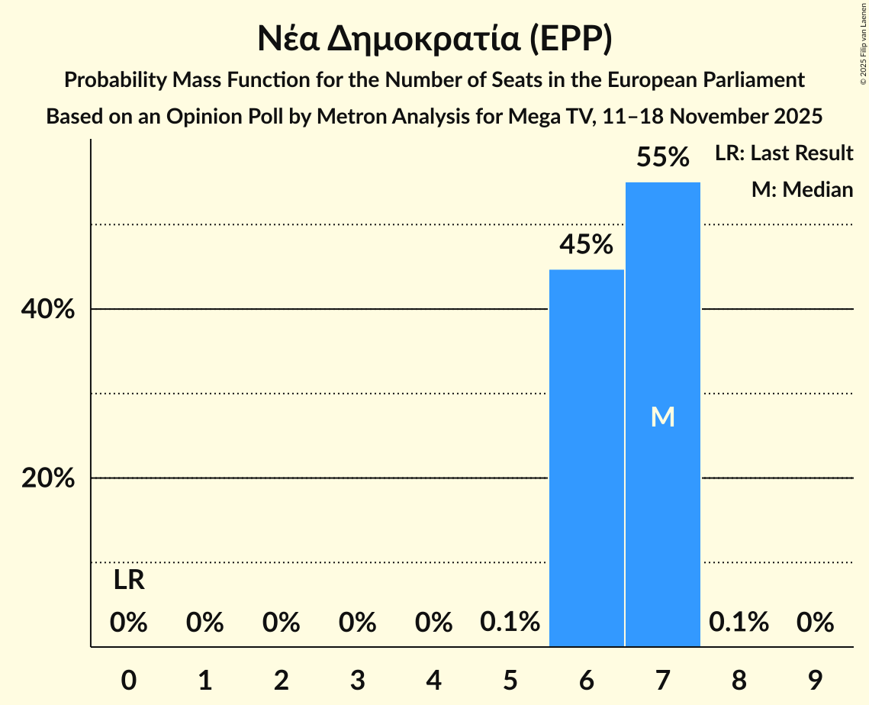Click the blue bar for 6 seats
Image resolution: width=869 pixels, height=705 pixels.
[x=586, y=458]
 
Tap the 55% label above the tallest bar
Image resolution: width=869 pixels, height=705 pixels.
[x=662, y=158]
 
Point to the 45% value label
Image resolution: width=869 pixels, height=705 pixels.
[x=586, y=245]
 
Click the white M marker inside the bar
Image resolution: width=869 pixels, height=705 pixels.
[x=662, y=417]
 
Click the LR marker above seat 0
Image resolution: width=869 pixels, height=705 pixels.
[x=129, y=581]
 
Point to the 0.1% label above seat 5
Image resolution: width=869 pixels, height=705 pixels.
[x=510, y=623]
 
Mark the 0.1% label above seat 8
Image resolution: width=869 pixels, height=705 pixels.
[x=739, y=623]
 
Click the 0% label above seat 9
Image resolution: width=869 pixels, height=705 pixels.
[x=815, y=623]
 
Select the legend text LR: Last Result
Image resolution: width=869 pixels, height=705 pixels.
[x=784, y=153]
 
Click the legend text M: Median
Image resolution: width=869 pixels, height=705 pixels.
[x=802, y=189]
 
